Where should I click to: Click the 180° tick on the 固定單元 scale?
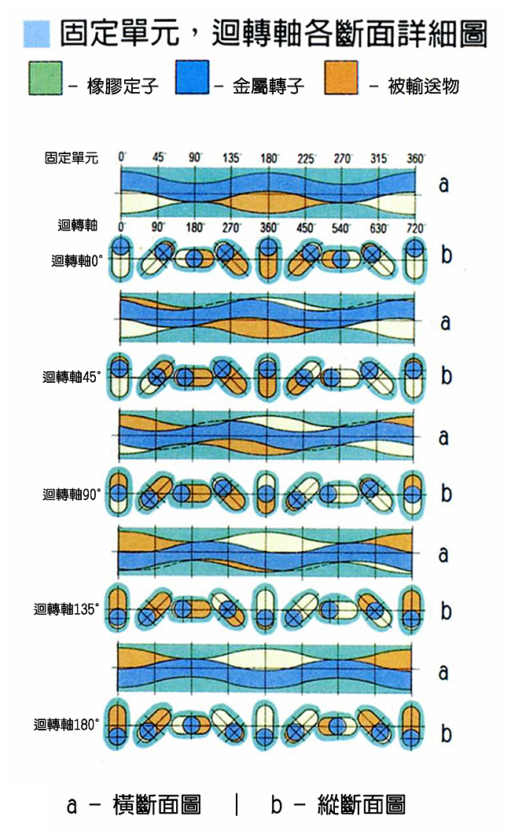269,158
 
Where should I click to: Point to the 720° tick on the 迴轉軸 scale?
415,227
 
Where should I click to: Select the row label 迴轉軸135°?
68,609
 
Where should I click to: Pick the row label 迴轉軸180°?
68,724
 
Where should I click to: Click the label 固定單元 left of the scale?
72,158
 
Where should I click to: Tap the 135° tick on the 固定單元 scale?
231,158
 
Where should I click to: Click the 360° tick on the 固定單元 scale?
415,158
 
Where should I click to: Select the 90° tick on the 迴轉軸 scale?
159,227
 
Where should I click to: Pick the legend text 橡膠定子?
124,86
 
